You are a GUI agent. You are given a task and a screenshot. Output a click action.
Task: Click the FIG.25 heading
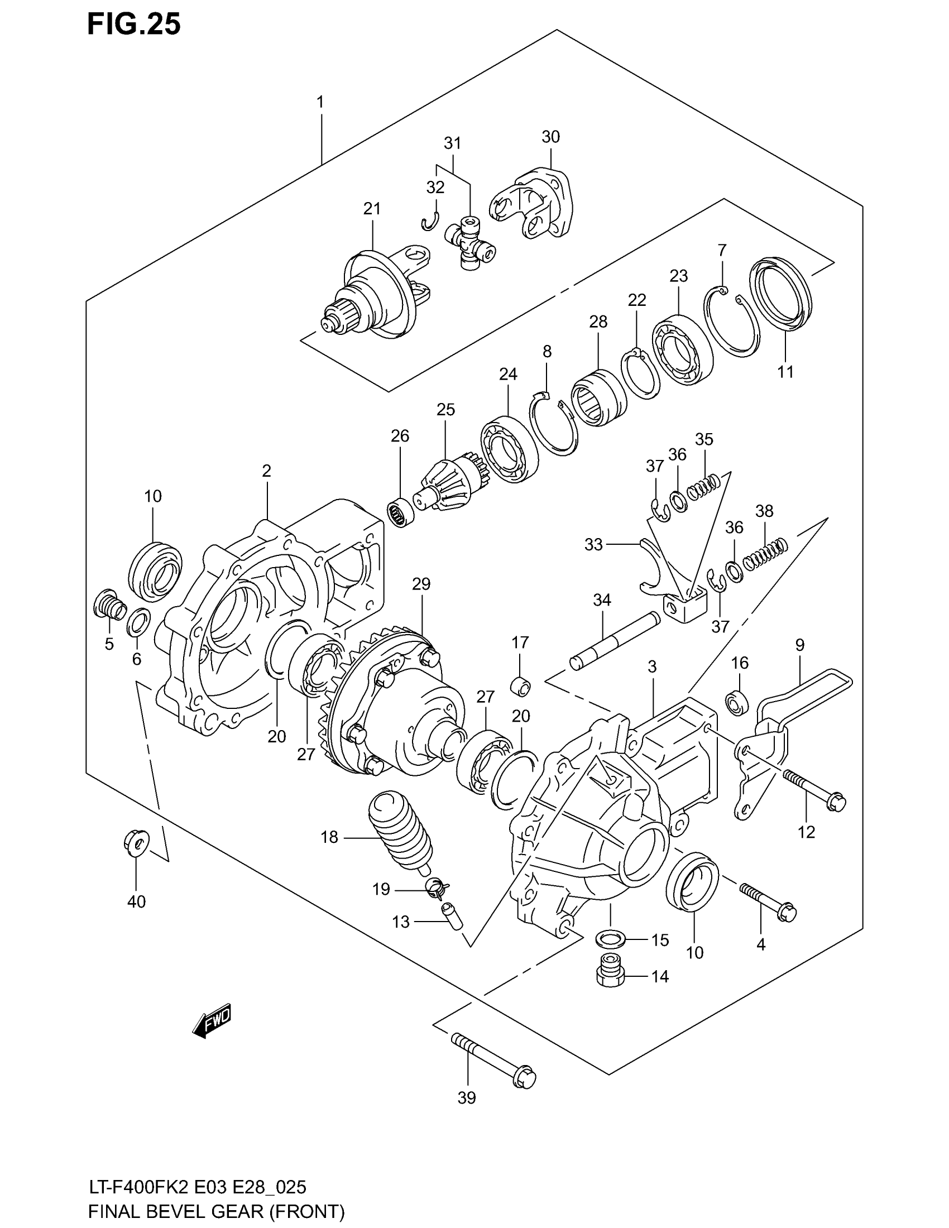point(134,25)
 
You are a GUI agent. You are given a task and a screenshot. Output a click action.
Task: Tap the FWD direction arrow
point(212,1019)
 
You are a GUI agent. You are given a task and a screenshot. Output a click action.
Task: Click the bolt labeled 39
point(493,1058)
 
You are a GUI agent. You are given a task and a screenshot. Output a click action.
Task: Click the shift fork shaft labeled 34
point(615,638)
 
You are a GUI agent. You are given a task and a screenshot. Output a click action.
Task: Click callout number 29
point(420,584)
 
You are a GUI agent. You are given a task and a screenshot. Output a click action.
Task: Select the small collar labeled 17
point(520,687)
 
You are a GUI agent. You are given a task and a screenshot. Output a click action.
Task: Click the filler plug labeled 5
point(109,606)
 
